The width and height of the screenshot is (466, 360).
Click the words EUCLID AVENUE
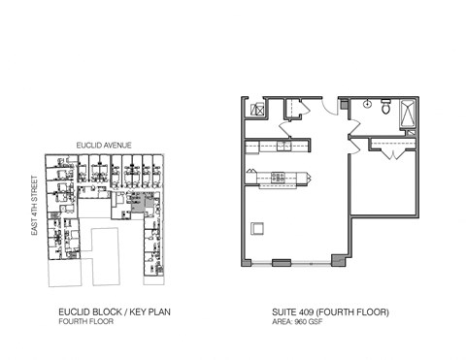pyautogui.click(x=104, y=146)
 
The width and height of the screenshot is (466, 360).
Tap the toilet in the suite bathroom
pyautogui.click(x=387, y=110)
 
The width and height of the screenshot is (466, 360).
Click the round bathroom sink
pyautogui.click(x=369, y=104)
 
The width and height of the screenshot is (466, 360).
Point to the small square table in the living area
pyautogui.click(x=256, y=228)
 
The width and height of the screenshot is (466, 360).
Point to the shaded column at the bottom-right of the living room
pyautogui.click(x=336, y=259)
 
